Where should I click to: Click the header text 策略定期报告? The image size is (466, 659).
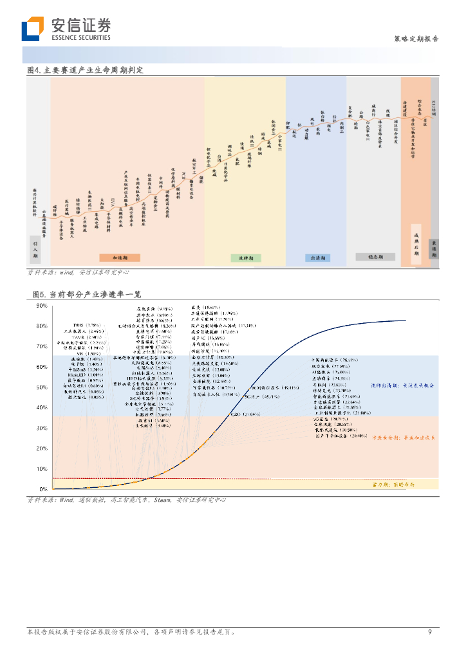[416, 39]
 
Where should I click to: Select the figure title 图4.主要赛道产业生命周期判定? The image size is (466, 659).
[84, 70]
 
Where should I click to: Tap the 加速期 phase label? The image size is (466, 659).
[120, 257]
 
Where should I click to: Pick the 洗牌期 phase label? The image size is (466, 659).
[245, 258]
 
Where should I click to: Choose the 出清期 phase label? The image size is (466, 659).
[317, 258]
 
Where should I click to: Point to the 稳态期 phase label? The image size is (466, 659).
[375, 257]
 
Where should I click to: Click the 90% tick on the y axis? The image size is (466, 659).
[41, 306]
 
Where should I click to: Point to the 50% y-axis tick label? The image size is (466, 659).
[41, 387]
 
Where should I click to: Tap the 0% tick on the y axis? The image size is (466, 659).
[43, 489]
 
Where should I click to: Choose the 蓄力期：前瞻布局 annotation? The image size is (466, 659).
[394, 484]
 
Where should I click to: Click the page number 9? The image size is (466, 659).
[430, 632]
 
